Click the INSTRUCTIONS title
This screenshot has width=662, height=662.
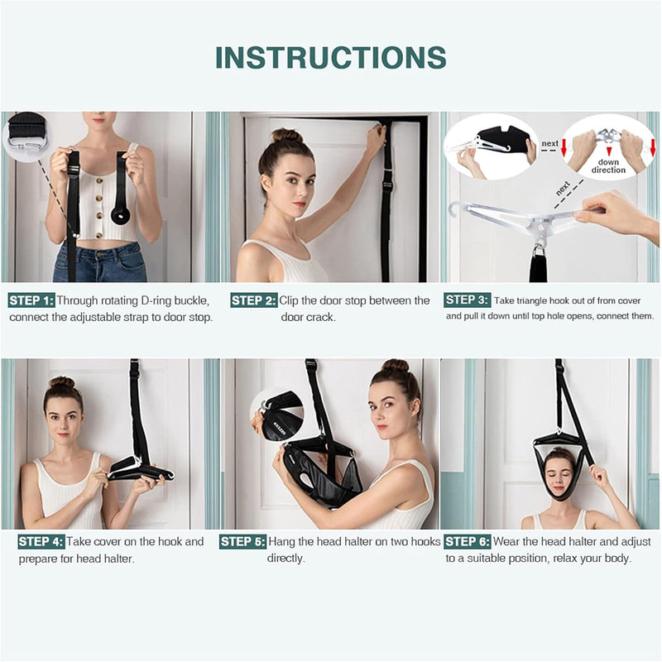[331, 57]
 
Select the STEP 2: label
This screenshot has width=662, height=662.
[254, 300]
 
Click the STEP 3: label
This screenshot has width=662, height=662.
[468, 300]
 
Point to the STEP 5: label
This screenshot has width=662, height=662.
[242, 542]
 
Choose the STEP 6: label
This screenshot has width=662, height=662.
[468, 542]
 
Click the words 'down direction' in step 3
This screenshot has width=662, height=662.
[608, 165]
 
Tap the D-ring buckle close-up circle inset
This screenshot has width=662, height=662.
[26, 137]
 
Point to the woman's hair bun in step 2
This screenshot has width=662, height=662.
[286, 136]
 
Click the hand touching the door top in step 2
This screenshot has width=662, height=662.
[377, 137]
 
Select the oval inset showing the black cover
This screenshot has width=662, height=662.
[492, 146]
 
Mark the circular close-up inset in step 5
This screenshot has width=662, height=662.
[277, 412]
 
